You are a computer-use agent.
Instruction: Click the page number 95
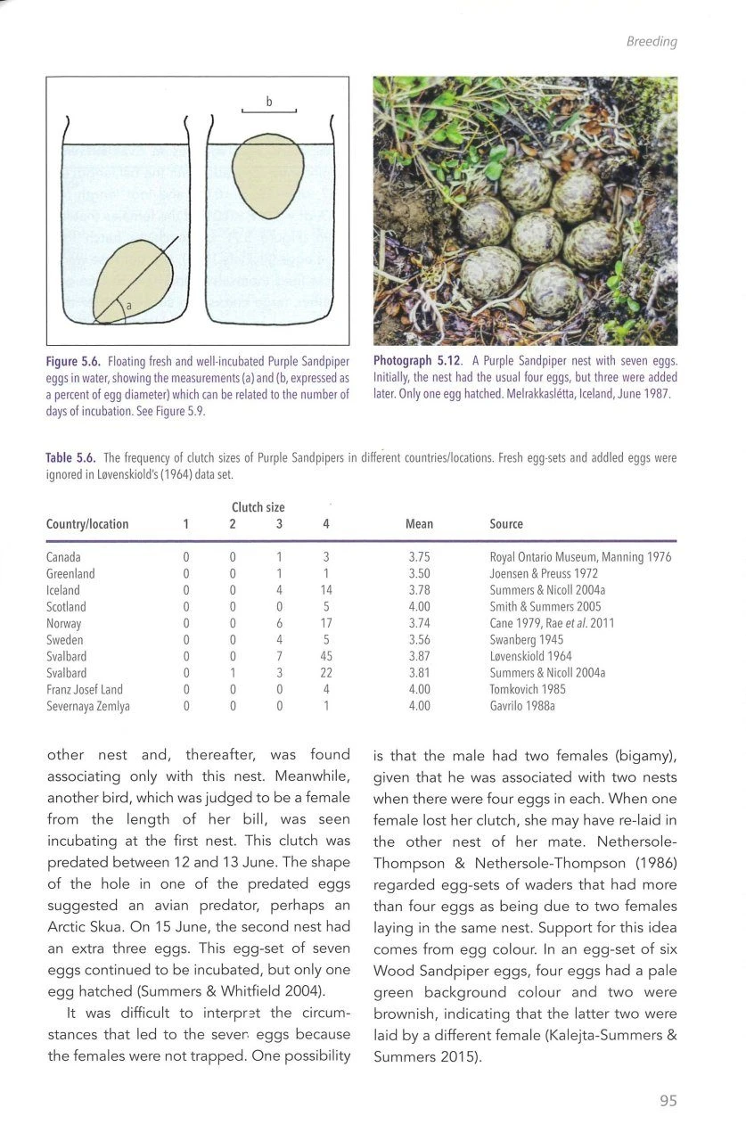pyautogui.click(x=668, y=1101)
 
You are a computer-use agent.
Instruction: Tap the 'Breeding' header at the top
pyautogui.click(x=653, y=42)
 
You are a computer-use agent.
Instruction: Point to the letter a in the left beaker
pyautogui.click(x=128, y=306)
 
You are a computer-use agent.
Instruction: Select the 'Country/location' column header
pyautogui.click(x=87, y=524)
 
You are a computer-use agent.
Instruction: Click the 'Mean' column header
pyautogui.click(x=419, y=524)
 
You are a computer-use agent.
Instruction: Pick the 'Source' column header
pyautogui.click(x=506, y=524)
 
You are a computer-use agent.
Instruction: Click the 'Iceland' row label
pyautogui.click(x=62, y=590)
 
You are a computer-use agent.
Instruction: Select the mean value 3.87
pyautogui.click(x=419, y=656)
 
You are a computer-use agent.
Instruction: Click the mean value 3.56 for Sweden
pyautogui.click(x=419, y=640)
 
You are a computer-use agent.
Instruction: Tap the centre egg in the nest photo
pyautogui.click(x=537, y=236)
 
